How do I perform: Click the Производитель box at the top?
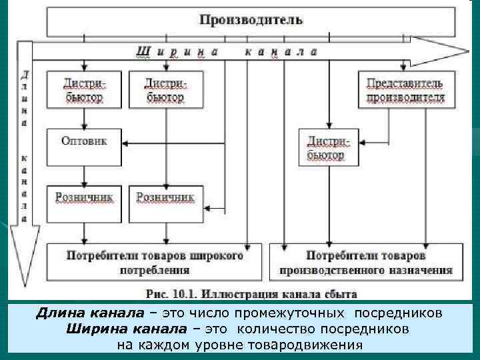pos(251,21)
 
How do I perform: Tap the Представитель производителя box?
pos(405,89)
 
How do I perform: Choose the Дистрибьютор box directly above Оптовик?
pos(84,89)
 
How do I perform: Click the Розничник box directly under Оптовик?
pos(84,203)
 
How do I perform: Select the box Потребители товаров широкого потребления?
pos(155,263)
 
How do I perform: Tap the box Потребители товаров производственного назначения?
pos(366,263)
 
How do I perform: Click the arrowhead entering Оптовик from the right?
pos(127,143)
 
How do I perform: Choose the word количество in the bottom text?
pos(271,329)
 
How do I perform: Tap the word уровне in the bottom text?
pos(217,345)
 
